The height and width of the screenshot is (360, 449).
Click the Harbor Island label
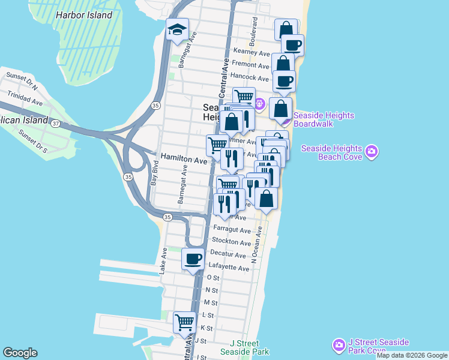(83, 15)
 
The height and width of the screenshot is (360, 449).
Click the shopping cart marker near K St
(184, 322)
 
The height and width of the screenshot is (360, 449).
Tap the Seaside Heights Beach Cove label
(331, 152)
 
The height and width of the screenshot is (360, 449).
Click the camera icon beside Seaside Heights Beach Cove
(372, 150)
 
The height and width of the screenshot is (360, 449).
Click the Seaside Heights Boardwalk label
(324, 120)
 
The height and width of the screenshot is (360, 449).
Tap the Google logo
(20, 353)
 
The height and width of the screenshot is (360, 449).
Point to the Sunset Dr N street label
(22, 82)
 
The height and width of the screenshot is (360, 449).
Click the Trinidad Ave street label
(25, 98)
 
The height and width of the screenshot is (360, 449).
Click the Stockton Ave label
(233, 243)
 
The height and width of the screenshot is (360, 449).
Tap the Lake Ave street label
(163, 262)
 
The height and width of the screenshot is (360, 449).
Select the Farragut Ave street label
(232, 230)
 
